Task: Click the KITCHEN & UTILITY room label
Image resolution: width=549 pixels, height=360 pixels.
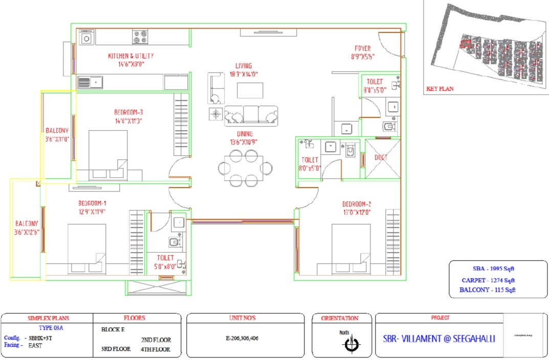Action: coord(130,56)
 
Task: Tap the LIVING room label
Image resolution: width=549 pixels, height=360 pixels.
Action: coord(244,66)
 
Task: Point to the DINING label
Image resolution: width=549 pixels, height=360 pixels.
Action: coord(244,134)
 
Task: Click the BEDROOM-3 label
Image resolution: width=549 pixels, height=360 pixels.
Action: coord(128,113)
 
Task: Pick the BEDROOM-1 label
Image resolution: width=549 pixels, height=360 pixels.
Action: coord(92,202)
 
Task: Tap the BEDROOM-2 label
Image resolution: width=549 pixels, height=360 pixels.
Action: coord(356,204)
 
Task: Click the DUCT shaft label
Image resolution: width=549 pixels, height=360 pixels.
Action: coord(381,157)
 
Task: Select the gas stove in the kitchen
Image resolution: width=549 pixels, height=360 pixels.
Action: coord(140,37)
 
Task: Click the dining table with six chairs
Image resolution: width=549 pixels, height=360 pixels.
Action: coord(245,168)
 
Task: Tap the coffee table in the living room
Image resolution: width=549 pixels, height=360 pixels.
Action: coord(250,91)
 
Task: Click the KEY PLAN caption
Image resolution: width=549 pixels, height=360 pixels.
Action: coord(440,89)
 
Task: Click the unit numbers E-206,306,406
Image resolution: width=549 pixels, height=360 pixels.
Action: coord(246,338)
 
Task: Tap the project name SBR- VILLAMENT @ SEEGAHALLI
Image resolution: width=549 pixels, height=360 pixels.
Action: coord(439,338)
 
